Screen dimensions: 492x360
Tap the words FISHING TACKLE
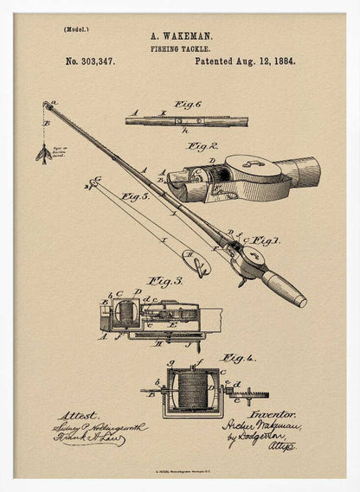[x=179, y=49]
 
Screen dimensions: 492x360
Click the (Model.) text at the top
[x=76, y=29]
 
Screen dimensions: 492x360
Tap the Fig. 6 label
[x=188, y=105]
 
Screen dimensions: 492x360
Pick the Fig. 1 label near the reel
[x=264, y=240]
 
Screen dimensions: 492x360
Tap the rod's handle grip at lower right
[x=284, y=289]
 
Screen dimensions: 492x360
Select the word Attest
[x=79, y=415]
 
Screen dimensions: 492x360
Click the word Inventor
[x=275, y=415]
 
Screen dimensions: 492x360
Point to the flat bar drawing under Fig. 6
[x=174, y=121]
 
